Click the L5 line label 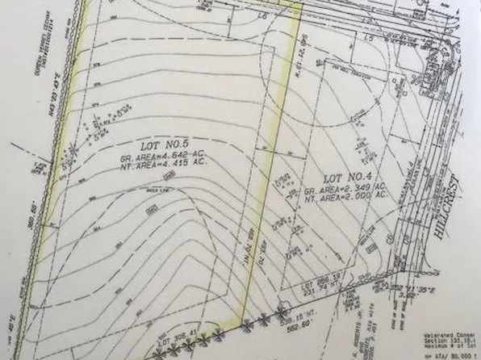pyautogui.click(x=368, y=36)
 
